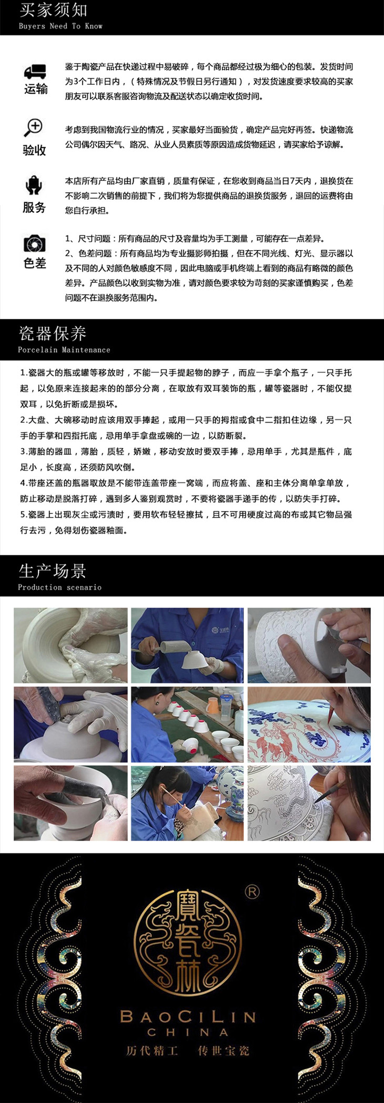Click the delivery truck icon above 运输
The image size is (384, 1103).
point(35,72)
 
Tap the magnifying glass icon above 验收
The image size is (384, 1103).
point(34,127)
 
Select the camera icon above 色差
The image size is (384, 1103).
point(35,244)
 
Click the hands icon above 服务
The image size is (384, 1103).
point(34,185)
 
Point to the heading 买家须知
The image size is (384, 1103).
point(53,10)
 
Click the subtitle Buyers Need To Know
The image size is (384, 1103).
point(60,26)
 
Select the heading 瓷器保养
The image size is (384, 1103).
point(52,333)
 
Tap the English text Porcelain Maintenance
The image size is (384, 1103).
point(64,350)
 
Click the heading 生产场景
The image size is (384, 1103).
point(52,570)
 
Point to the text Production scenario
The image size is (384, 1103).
point(59,587)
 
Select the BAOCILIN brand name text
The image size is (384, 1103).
point(188,1016)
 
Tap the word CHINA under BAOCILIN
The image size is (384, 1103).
point(188,1032)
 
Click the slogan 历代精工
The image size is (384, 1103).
point(152,1051)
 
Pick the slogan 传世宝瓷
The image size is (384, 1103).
point(223,1051)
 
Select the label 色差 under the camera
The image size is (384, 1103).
point(35,263)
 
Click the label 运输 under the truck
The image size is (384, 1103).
point(35,88)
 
